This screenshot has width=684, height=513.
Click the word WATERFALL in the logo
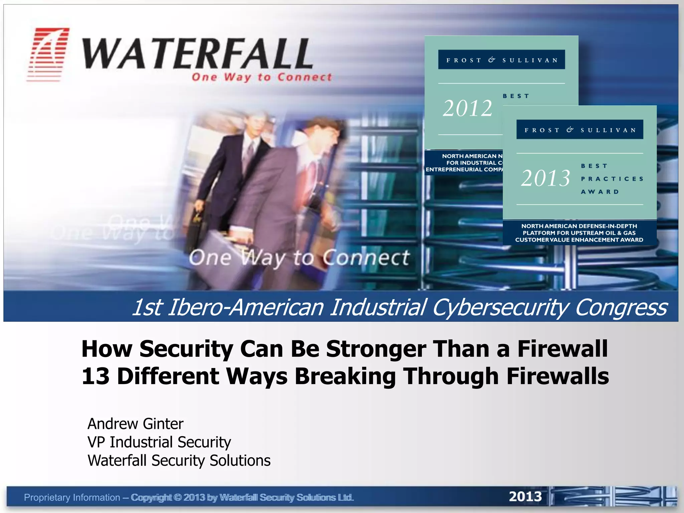(x=197, y=53)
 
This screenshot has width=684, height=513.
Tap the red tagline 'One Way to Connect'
(x=262, y=77)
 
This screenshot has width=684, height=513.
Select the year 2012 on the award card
(x=467, y=109)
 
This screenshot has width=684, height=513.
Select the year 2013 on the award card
(x=545, y=178)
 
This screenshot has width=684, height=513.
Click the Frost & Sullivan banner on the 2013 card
(x=579, y=130)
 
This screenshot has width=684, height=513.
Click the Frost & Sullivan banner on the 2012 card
(x=501, y=60)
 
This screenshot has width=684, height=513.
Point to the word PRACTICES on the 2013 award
(x=612, y=179)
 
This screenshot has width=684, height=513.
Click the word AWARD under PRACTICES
(x=600, y=192)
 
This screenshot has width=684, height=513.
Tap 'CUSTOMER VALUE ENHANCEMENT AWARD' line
(x=579, y=240)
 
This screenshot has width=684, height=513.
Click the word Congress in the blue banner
(x=621, y=307)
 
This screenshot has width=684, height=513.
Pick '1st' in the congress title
(x=147, y=307)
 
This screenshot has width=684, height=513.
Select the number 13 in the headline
(x=96, y=376)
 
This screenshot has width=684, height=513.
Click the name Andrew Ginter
(x=135, y=423)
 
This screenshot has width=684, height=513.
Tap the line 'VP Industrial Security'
(x=159, y=442)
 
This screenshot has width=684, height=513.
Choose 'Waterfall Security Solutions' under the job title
(x=179, y=460)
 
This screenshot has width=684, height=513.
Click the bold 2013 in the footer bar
(x=525, y=497)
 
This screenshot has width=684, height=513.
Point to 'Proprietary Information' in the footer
(x=72, y=497)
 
